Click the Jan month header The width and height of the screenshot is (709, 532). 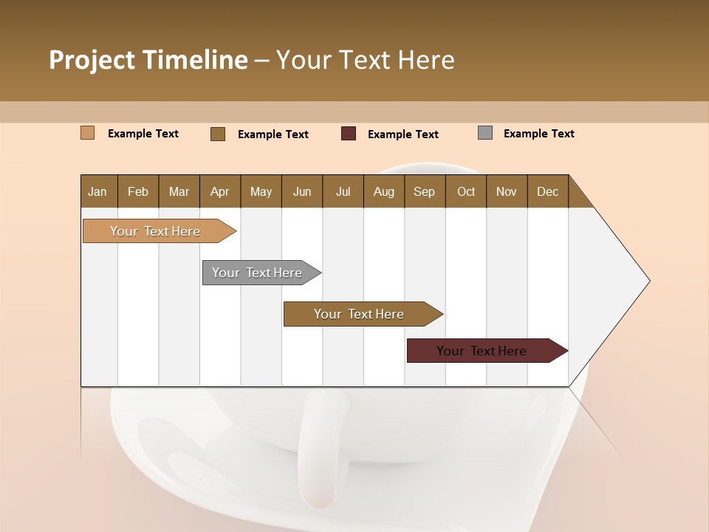97,191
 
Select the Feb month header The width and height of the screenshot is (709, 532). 138,191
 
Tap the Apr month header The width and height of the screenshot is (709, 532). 219,191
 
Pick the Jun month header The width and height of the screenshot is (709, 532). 302,191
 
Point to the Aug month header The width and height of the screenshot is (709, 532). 383,191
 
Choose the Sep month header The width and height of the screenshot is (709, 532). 424,191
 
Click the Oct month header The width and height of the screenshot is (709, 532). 466,191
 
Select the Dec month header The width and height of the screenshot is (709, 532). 547,191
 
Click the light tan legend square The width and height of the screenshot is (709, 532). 87,133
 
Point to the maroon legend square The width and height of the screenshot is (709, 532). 349,134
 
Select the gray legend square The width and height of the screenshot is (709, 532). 485,133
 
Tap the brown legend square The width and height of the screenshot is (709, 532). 218,134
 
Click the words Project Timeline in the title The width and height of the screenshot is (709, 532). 148,60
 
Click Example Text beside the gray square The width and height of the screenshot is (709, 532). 538,134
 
